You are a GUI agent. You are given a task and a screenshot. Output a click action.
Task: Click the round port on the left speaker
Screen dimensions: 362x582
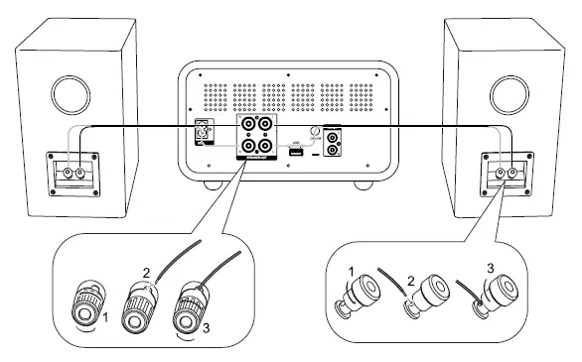(x=70, y=99)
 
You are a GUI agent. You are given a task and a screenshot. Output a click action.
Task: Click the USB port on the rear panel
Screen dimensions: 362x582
(x=295, y=151)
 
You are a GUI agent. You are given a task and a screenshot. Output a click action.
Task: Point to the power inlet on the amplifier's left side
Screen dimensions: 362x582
(x=205, y=132)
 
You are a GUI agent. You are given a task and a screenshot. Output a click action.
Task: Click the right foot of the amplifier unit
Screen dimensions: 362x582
(x=364, y=184)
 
